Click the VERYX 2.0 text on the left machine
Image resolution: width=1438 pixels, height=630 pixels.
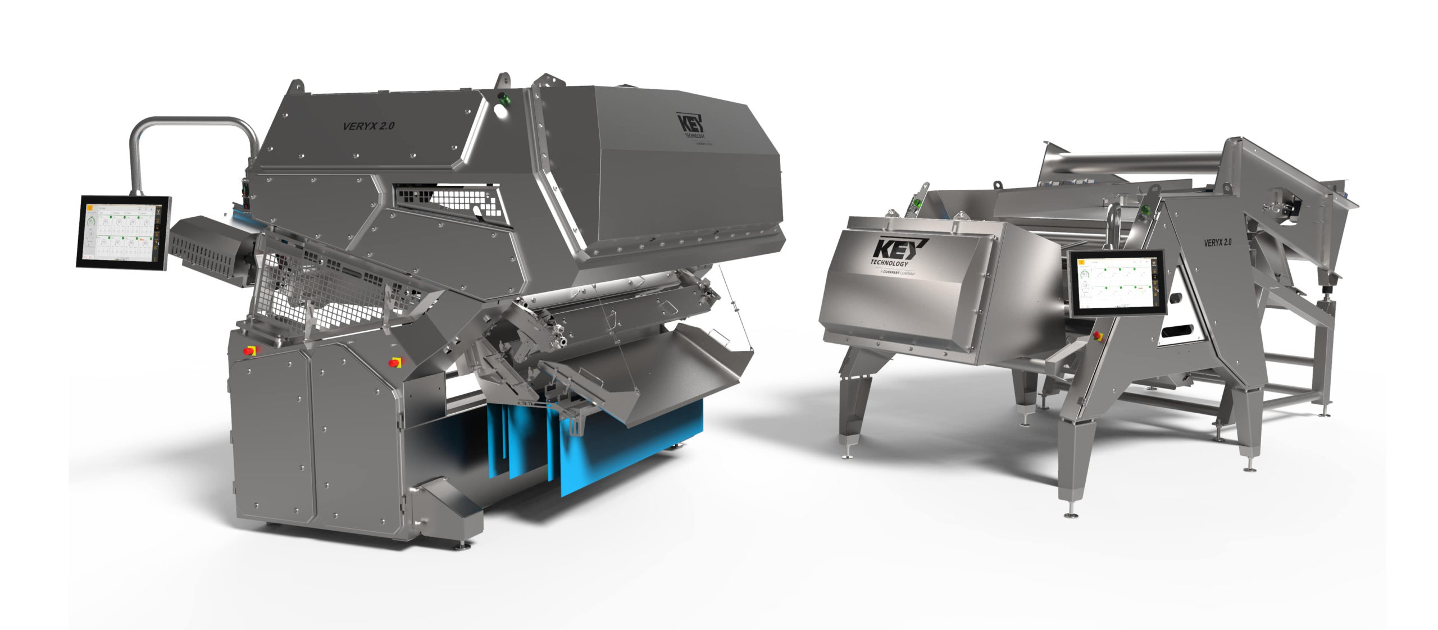[x=368, y=126]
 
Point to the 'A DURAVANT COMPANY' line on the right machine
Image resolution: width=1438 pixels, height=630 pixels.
[x=891, y=273]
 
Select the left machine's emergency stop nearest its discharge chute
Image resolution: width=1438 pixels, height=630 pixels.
[x=395, y=362]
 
